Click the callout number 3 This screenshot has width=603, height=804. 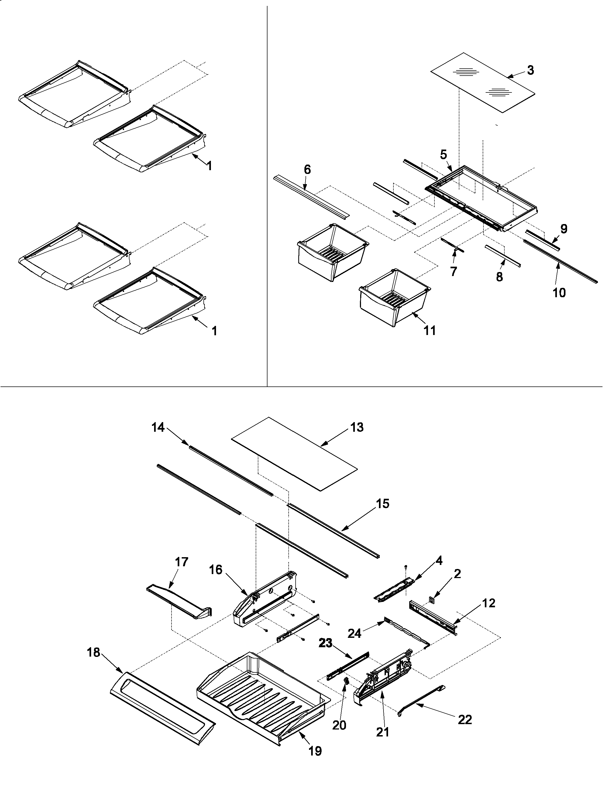[x=530, y=70]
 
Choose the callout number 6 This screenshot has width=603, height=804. [x=307, y=169]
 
